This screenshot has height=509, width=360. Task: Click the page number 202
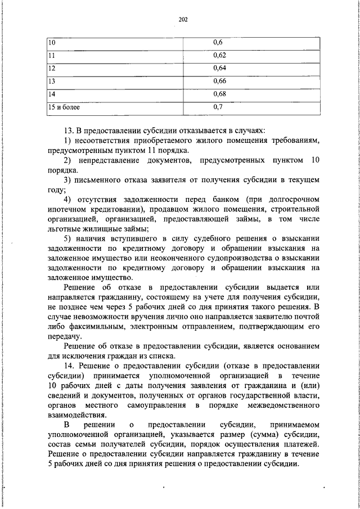tap(182, 20)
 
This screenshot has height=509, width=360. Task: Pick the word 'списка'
tap(163, 355)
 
